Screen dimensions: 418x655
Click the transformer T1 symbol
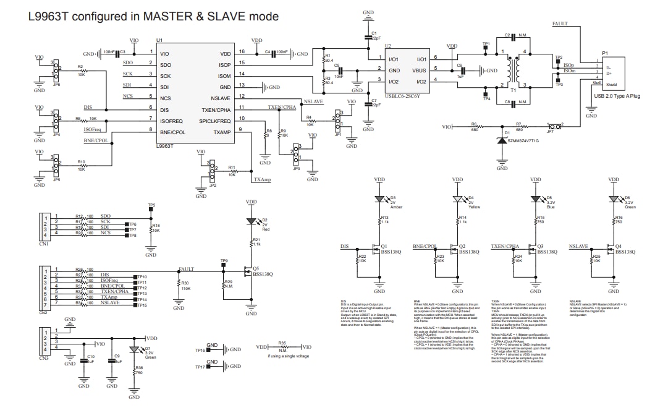pos(513,69)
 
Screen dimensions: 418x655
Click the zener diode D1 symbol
pos(502,141)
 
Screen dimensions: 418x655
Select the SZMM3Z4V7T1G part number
pos(523,141)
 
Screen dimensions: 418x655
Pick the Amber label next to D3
pos(396,207)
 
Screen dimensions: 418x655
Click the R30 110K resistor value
pos(186,289)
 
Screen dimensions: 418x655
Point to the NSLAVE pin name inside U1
pos(221,98)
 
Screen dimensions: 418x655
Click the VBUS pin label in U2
pos(421,70)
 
